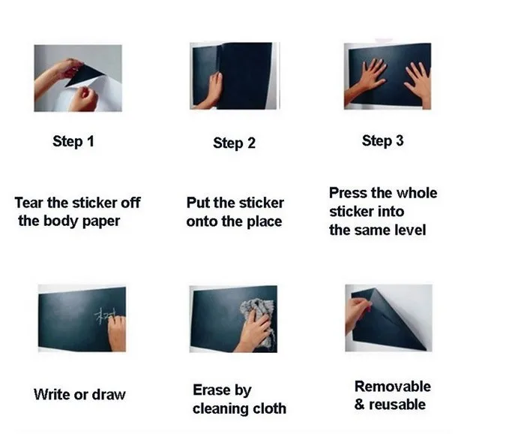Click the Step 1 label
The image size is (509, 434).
pyautogui.click(x=73, y=141)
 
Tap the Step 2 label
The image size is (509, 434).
pyautogui.click(x=234, y=143)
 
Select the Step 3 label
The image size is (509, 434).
pyautogui.click(x=383, y=140)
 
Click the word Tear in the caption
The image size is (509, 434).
pyautogui.click(x=29, y=203)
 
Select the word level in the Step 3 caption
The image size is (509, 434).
pyautogui.click(x=410, y=230)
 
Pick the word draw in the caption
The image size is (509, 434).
pyautogui.click(x=109, y=394)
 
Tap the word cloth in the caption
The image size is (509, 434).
pyautogui.click(x=269, y=408)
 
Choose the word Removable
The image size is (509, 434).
pyautogui.click(x=393, y=387)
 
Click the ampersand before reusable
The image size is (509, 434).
pyautogui.click(x=359, y=405)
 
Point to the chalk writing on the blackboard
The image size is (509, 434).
pyautogui.click(x=106, y=316)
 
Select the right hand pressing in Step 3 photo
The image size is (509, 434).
pyautogui.click(x=420, y=82)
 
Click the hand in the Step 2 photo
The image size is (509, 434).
pyautogui.click(x=211, y=91)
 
